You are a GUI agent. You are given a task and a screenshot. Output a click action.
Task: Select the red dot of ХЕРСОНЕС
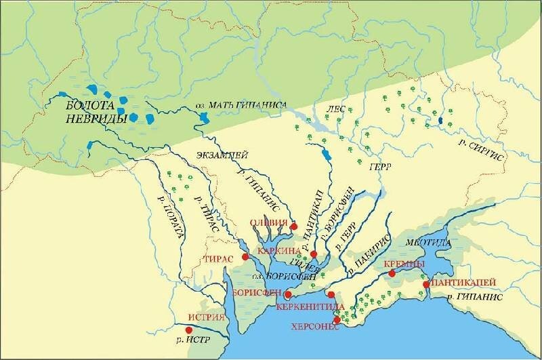[x=337, y=319]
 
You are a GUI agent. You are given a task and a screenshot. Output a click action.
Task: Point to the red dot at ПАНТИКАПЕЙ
[x=427, y=285]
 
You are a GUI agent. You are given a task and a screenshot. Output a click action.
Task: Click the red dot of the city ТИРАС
[x=245, y=257]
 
